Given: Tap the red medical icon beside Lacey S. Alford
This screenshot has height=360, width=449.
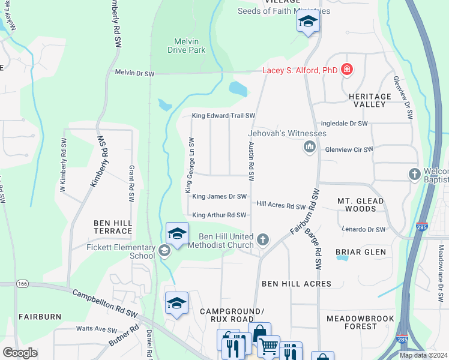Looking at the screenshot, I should [x=346, y=70].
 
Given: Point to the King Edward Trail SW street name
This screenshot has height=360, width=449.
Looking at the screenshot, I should [x=223, y=116].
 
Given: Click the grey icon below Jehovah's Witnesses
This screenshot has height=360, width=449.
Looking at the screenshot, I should [x=310, y=147].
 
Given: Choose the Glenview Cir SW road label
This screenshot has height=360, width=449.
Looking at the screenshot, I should [x=348, y=149].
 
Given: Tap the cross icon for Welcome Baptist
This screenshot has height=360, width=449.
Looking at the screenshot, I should [x=414, y=175].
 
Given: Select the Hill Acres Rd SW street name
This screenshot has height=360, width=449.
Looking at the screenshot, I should [x=281, y=206].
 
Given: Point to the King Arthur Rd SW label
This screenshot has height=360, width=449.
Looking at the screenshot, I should [x=219, y=215].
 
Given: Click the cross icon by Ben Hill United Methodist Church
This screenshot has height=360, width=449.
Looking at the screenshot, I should [x=262, y=241].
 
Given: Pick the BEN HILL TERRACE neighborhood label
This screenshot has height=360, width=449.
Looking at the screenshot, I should [x=113, y=227].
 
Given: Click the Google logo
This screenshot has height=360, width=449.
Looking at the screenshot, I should [x=20, y=353].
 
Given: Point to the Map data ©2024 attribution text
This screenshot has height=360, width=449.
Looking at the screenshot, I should [x=423, y=355].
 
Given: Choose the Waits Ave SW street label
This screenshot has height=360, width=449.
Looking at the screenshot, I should [x=96, y=329].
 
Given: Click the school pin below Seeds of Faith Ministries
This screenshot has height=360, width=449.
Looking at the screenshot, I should [x=309, y=22].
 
